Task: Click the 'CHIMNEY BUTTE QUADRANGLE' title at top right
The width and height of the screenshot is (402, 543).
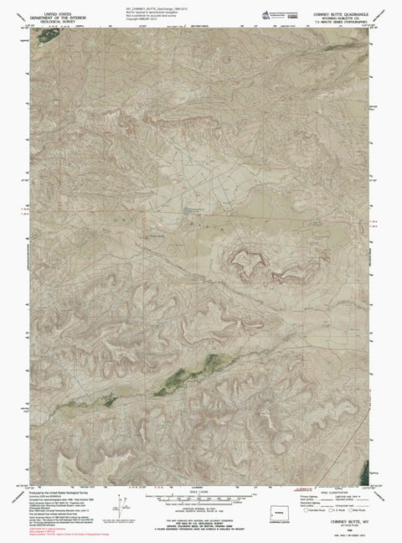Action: click(341, 12)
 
